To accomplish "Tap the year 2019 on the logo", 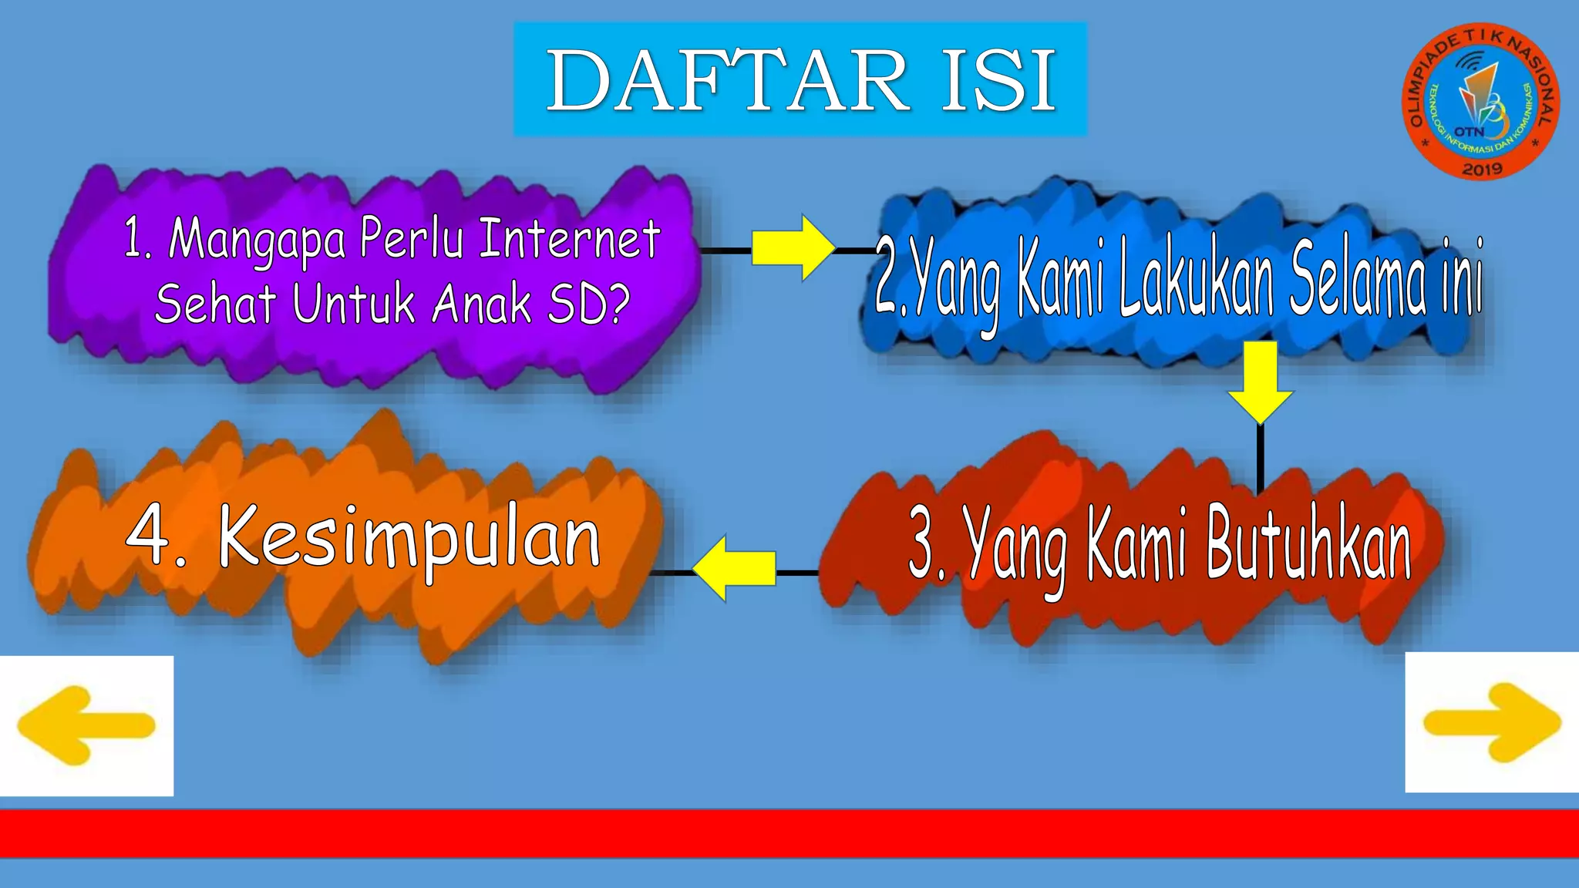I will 1482,169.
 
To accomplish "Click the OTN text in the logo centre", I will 1469,132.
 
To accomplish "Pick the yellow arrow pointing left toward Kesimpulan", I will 734,569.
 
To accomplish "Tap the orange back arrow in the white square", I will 86,725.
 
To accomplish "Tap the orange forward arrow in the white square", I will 1492,722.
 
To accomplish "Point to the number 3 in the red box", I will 922,543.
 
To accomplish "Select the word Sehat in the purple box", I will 215,303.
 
